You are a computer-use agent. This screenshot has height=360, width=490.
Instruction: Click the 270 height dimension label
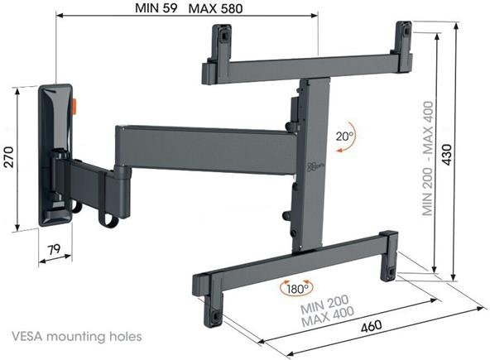click(x=9, y=157)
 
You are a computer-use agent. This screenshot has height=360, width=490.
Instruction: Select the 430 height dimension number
click(x=447, y=155)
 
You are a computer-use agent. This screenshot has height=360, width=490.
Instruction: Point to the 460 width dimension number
click(x=372, y=326)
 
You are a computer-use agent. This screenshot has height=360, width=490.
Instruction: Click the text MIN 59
click(x=156, y=8)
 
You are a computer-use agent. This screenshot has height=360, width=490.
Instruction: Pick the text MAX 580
click(x=216, y=9)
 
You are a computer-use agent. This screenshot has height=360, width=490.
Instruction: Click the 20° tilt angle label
click(x=344, y=137)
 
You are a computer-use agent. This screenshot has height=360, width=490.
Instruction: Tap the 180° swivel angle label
click(x=297, y=289)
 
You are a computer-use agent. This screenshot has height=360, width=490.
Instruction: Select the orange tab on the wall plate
click(x=75, y=107)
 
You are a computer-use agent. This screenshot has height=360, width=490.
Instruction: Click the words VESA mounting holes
click(x=77, y=337)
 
